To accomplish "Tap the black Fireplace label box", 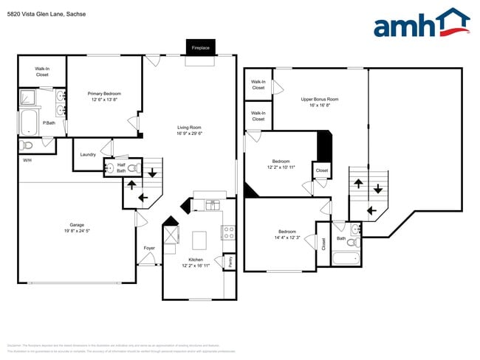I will [x=201, y=47].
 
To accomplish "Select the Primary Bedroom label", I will [x=104, y=94].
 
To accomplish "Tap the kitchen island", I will [x=199, y=240].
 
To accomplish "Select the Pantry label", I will [x=230, y=261].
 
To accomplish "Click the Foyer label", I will [x=149, y=248].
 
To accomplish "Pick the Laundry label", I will [x=88, y=154].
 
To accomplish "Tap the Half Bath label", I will [x=120, y=167].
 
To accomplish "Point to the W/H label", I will [x=27, y=160].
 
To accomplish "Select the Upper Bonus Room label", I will [x=320, y=99].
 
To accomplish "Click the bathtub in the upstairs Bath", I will [x=346, y=259].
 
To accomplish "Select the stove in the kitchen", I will [x=228, y=232].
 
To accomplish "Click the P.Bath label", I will [x=49, y=122].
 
